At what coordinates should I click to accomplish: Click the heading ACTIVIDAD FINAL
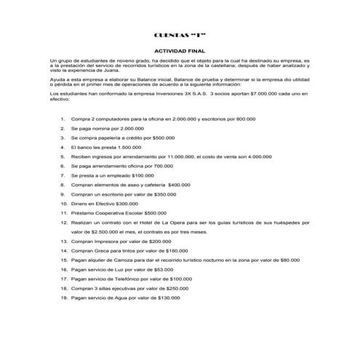[180, 49]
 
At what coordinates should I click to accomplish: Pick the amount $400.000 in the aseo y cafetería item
[184, 185]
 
